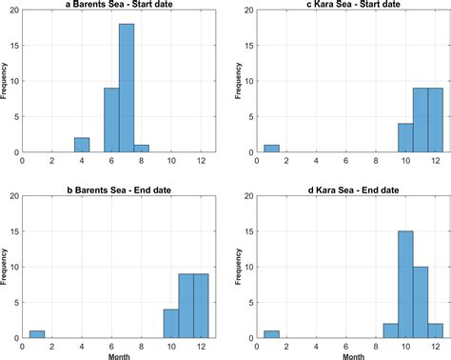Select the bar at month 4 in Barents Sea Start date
(x=82, y=145)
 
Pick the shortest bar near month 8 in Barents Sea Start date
(x=142, y=149)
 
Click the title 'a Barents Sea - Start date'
(x=120, y=6)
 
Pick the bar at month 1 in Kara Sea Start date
(x=271, y=149)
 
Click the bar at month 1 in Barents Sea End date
(x=37, y=334)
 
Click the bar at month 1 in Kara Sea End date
(x=271, y=334)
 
